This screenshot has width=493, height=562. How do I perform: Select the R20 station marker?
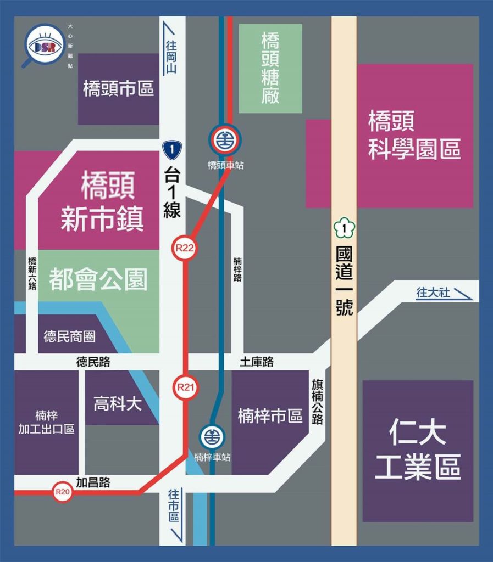pos(63,492)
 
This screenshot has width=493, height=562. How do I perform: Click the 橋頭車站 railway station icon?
pos(225,139)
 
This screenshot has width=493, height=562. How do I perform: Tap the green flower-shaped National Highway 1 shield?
pos(344,228)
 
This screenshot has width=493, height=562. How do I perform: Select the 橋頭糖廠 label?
pos(270,68)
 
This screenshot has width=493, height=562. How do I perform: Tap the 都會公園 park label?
pos(98,279)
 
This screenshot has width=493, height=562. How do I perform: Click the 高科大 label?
pos(118,404)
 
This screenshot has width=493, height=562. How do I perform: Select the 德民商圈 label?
pos(69,336)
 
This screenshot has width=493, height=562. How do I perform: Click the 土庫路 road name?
pos(257,362)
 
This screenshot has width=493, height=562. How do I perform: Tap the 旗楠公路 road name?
pos(317,401)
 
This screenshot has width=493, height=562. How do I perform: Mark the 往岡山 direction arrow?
pos(173,49)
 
